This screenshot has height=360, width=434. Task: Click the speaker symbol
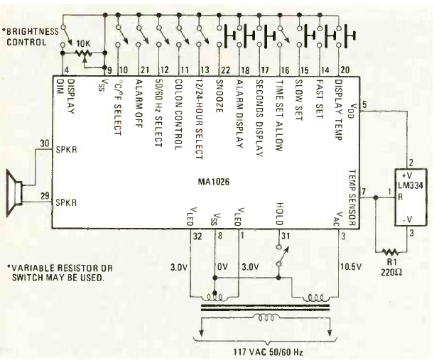(x=13, y=193)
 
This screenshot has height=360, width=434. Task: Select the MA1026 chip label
(x=213, y=182)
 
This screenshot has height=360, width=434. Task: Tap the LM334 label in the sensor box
(x=411, y=185)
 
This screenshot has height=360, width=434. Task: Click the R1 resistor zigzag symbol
(x=390, y=252)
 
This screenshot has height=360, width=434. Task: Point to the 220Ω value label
(x=391, y=273)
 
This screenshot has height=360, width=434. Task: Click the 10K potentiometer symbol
(x=84, y=53)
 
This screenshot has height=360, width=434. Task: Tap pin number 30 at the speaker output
(x=45, y=143)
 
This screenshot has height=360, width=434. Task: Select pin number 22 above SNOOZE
(x=225, y=70)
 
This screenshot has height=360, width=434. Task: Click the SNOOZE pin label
(x=219, y=96)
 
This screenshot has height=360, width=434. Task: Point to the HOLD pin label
(x=280, y=214)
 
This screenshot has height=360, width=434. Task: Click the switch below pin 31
(x=282, y=256)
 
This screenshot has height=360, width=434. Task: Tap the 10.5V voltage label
(x=351, y=267)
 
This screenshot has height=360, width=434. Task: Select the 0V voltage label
(x=222, y=267)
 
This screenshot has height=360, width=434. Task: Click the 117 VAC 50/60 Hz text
(x=268, y=352)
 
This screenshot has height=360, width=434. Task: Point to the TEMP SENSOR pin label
(x=352, y=197)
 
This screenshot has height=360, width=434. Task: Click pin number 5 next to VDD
(x=364, y=104)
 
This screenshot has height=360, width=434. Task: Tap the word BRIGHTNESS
(x=33, y=31)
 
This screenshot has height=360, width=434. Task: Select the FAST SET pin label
(x=320, y=99)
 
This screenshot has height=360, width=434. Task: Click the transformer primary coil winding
(x=266, y=317)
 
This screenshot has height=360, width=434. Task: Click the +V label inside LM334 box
(x=407, y=175)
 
